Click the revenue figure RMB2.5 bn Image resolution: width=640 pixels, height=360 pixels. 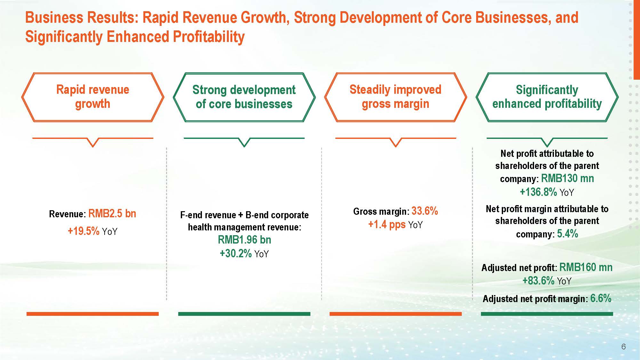tap(112, 213)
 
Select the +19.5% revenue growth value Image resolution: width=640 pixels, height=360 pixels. tap(84, 231)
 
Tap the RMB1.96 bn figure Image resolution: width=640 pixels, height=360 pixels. tap(244, 240)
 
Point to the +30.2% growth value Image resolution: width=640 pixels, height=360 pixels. tap(236, 253)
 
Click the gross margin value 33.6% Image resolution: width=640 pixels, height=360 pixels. tap(425, 211)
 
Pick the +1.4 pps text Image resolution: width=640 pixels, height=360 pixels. tap(387, 224)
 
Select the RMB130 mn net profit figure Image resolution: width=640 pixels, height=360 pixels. tap(567, 178)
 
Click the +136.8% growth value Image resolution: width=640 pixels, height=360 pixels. tap(538, 192)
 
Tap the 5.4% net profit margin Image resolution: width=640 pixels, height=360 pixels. tap(567, 234)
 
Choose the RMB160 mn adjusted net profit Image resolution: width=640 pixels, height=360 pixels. tap(586, 267)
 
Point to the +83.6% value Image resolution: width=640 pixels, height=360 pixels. tap(538, 281)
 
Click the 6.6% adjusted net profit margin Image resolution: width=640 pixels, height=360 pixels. tap(601, 298)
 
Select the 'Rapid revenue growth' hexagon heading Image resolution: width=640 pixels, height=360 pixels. tap(93, 97)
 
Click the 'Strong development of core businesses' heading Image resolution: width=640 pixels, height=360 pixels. tap(244, 97)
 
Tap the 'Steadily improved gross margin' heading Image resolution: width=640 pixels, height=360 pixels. tap(396, 97)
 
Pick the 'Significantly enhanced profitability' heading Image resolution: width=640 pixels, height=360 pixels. tap(547, 97)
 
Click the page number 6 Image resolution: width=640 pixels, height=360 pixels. tap(623, 347)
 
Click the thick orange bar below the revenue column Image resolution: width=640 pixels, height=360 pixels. tap(92, 314)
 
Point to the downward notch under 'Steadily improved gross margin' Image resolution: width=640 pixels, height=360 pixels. tap(396, 142)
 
